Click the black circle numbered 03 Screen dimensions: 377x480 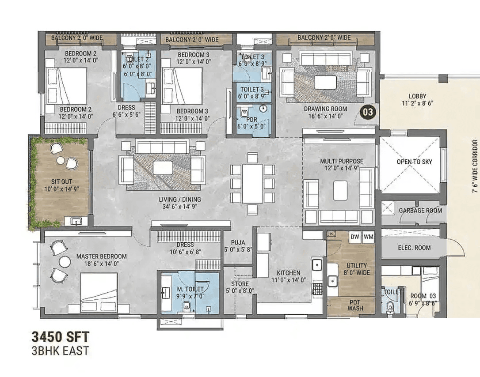click(368, 112)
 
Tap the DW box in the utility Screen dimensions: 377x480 click(354, 237)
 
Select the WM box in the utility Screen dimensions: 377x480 click(368, 237)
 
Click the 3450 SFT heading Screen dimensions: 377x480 click(60, 337)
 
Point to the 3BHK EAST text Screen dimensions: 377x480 click(60, 351)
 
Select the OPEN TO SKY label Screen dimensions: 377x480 click(414, 162)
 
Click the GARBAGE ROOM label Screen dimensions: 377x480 click(420, 211)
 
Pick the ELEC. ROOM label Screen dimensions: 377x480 click(414, 248)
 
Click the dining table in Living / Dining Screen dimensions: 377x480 click(252, 183)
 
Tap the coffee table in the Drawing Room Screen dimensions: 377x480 click(325, 82)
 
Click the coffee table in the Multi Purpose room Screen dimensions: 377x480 click(340, 191)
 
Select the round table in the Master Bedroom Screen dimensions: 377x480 click(65, 262)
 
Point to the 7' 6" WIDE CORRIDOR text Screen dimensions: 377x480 click(475, 167)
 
